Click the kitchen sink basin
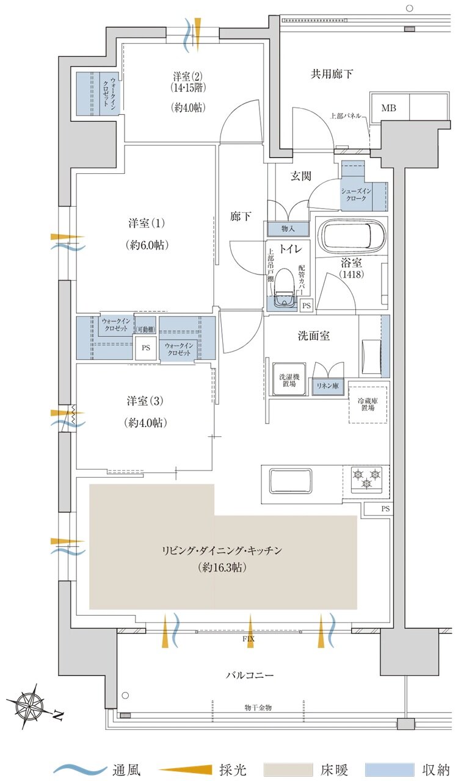291,480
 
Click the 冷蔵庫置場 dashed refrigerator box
368,405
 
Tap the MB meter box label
388,108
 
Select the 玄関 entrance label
301,176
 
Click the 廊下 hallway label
241,217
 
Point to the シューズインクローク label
356,195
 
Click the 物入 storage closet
288,229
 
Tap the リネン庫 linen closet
327,386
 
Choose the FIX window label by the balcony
249,639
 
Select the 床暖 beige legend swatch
288,769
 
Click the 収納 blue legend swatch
390,769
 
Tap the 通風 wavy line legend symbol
80,769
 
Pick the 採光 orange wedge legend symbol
185,769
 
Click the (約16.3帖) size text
222,567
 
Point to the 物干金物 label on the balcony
258,707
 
